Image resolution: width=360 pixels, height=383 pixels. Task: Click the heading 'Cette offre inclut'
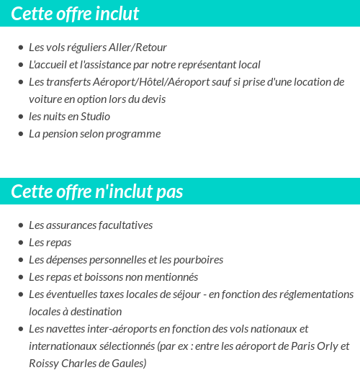(75, 14)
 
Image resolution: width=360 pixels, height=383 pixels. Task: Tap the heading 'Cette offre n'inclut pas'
(97, 192)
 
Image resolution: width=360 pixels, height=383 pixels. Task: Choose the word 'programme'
(135, 134)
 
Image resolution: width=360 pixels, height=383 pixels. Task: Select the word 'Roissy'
(45, 364)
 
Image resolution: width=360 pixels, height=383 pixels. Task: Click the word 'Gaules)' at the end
(129, 364)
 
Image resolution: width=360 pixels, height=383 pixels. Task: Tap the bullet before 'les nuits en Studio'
(20, 117)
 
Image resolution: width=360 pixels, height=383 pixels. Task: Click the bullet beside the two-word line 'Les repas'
(20, 243)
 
